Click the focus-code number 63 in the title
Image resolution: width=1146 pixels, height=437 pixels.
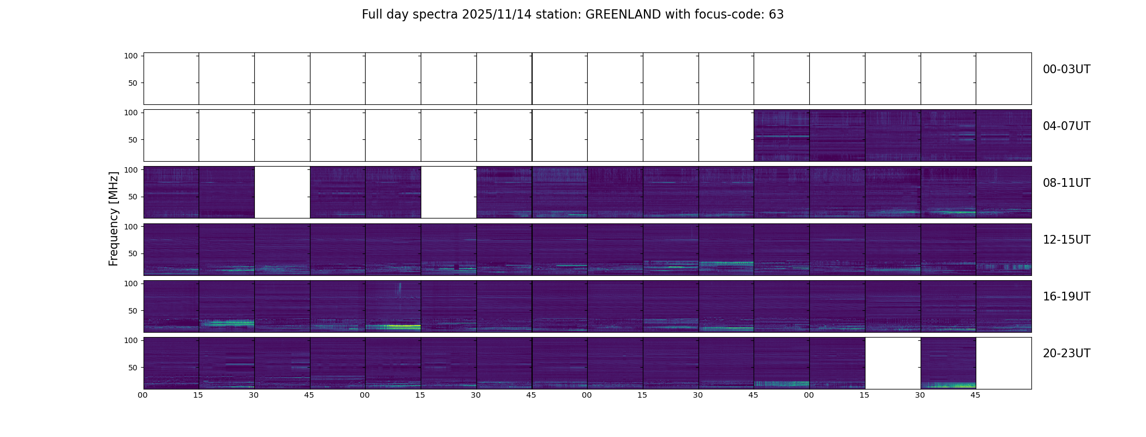pyautogui.click(x=776, y=15)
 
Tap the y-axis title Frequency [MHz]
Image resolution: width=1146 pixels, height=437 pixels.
pyautogui.click(x=114, y=218)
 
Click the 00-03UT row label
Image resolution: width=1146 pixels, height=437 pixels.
pyautogui.click(x=1066, y=69)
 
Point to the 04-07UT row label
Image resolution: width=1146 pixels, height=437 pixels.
pyautogui.click(x=1066, y=126)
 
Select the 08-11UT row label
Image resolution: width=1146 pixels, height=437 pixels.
pyautogui.click(x=1066, y=183)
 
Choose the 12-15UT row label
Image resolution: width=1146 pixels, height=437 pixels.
pyautogui.click(x=1066, y=240)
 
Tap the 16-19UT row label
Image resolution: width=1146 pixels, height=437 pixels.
pyautogui.click(x=1066, y=297)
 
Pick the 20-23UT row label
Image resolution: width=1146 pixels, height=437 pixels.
pyautogui.click(x=1066, y=353)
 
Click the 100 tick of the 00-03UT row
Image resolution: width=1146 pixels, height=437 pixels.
pyautogui.click(x=131, y=56)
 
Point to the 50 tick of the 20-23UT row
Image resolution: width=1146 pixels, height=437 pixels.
pyautogui.click(x=133, y=368)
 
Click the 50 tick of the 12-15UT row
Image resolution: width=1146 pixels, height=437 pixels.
pyautogui.click(x=133, y=254)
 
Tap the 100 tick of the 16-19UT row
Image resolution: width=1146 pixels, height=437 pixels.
pyautogui.click(x=131, y=284)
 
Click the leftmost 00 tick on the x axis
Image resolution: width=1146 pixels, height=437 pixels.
pyautogui.click(x=142, y=395)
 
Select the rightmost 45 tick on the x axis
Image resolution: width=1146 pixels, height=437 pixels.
pyautogui.click(x=975, y=395)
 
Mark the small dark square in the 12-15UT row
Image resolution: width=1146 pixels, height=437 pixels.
pyautogui.click(x=456, y=267)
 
